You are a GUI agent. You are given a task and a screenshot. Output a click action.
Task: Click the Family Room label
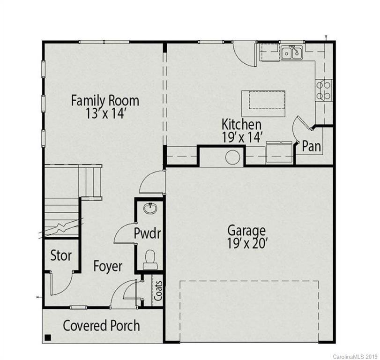point(105,100)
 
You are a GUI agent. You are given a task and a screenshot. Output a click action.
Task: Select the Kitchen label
point(241,125)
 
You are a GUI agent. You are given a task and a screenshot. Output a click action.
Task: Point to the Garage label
point(246,230)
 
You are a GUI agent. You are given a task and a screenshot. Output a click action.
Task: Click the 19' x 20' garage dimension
point(246,244)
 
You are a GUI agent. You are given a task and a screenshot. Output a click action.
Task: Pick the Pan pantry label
point(311,146)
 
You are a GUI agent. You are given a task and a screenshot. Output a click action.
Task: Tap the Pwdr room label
point(147,233)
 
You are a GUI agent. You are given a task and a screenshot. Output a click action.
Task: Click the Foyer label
point(108,266)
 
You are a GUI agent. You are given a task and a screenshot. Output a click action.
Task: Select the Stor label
point(61,255)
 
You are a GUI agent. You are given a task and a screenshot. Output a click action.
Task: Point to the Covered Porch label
point(101,325)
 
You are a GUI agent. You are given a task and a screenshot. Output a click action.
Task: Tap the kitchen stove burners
point(324,90)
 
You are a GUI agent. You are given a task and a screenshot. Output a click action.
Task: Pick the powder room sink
point(150,208)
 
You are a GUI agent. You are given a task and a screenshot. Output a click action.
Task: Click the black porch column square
point(47,337)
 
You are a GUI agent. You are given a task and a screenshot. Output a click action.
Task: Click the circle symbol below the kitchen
point(233,157)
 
